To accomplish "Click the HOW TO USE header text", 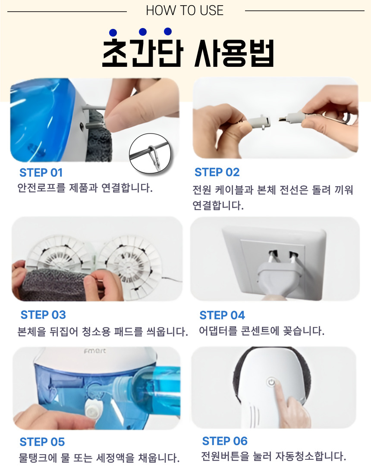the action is (185, 11).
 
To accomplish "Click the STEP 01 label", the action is (41, 173).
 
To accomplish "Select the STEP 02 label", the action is (217, 172).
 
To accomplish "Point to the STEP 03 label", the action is (43, 315).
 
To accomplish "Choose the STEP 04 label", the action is (222, 315).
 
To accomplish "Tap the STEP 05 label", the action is (42, 442).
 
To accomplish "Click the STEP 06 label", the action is (225, 441).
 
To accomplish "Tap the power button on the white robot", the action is (271, 382).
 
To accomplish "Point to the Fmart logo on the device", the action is (95, 351).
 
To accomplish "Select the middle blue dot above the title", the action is (143, 32).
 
